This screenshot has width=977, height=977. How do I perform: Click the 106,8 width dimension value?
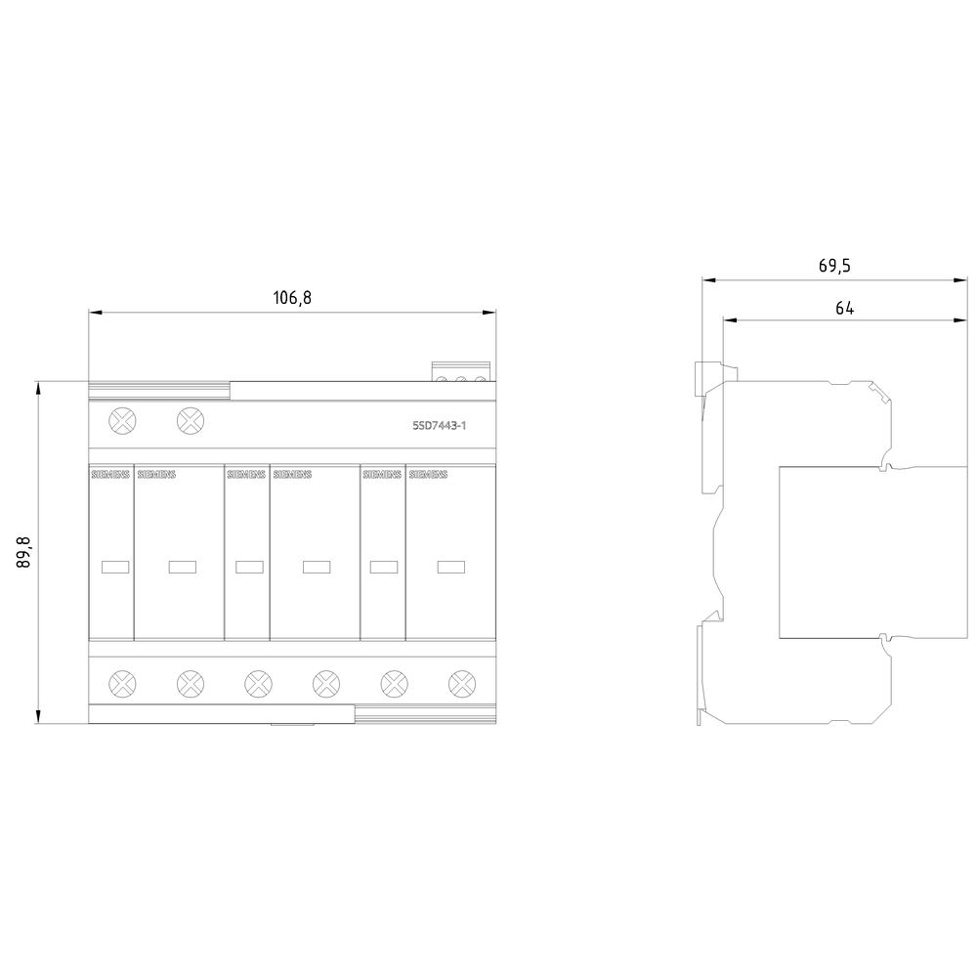click(x=291, y=298)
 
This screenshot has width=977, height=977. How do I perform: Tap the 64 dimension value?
click(x=844, y=308)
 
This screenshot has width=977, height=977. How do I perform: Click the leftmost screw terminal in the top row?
click(x=122, y=421)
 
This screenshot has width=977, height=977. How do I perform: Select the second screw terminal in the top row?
click(x=191, y=421)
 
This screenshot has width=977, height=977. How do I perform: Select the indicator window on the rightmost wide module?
click(x=451, y=566)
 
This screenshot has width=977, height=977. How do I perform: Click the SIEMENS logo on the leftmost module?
click(x=109, y=475)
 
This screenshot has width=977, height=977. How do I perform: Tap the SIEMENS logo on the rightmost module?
click(x=428, y=475)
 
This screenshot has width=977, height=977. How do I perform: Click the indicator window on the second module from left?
click(x=182, y=566)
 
